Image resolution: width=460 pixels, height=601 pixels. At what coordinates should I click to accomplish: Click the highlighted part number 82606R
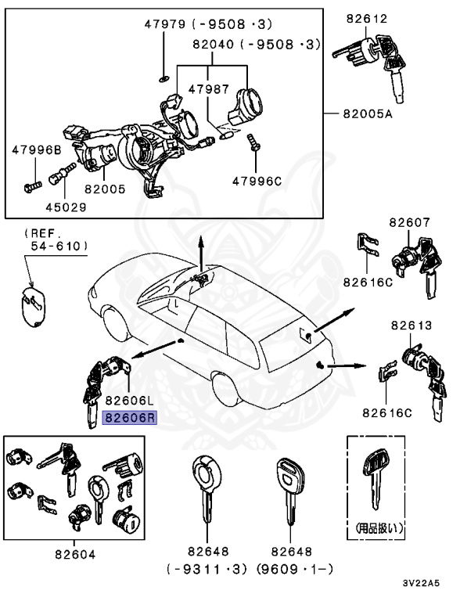(x=130, y=418)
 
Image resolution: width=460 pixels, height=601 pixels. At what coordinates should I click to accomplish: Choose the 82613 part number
(x=411, y=325)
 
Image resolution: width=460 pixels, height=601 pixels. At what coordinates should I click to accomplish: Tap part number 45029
(x=66, y=207)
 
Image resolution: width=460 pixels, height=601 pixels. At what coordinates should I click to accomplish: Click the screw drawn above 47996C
(x=253, y=143)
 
